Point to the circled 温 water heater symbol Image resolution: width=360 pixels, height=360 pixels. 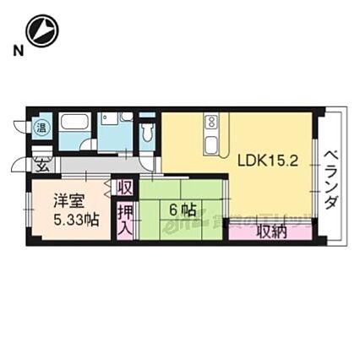tap(39, 128)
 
